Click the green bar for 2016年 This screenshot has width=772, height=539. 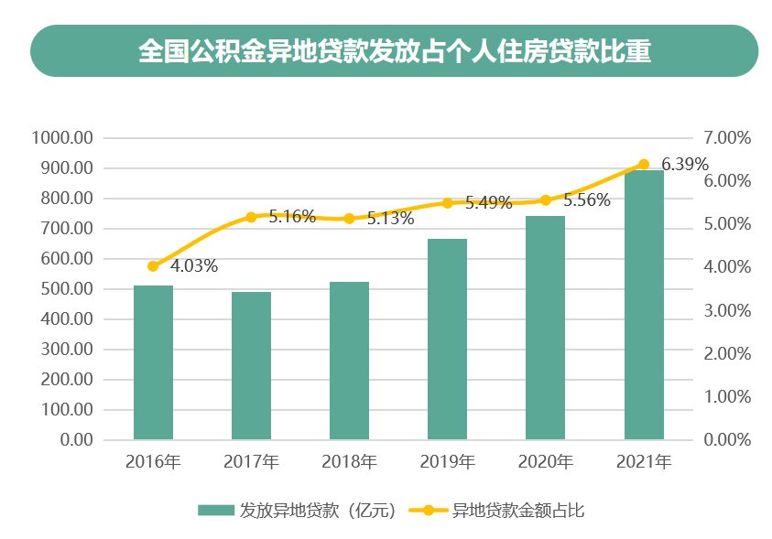click(x=153, y=362)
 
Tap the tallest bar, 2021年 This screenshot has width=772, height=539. click(x=644, y=305)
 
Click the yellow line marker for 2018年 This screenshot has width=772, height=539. click(x=349, y=219)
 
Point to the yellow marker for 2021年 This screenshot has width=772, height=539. click(x=644, y=165)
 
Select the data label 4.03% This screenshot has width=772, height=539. click(x=194, y=266)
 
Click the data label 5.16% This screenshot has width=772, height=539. click(x=292, y=217)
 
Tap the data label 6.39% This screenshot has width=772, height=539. click(x=685, y=165)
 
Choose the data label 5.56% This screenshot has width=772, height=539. click(x=587, y=201)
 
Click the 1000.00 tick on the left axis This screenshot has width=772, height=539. click(x=62, y=138)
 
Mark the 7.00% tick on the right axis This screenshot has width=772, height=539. click(x=727, y=138)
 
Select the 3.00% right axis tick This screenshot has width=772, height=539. click(x=727, y=310)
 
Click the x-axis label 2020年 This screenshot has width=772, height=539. click(x=545, y=462)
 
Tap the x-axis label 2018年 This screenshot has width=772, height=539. click(x=349, y=462)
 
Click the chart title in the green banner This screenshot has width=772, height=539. click(x=394, y=51)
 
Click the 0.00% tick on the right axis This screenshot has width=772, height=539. click(x=727, y=440)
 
